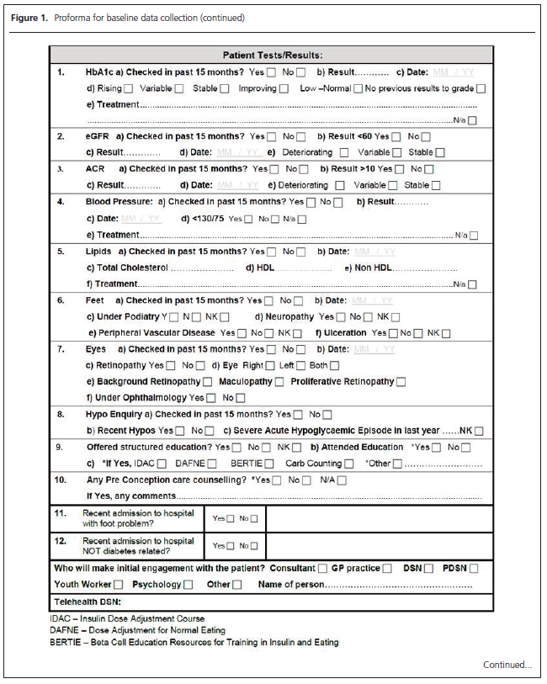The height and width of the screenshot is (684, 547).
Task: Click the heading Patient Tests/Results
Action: pos(272,55)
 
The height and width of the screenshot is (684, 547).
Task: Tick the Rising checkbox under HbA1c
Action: pos(128,88)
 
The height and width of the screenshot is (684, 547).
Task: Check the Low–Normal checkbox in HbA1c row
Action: pos(358,88)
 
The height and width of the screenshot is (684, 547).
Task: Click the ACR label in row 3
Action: pos(95,169)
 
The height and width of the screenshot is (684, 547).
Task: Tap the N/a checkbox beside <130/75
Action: pos(301,220)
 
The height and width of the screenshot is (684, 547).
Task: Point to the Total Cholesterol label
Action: pos(132,268)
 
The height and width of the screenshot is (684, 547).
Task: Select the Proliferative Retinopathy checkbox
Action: pos(401,382)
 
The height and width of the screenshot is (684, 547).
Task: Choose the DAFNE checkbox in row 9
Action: pos(212,464)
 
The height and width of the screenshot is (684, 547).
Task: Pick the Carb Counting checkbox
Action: pos(348,464)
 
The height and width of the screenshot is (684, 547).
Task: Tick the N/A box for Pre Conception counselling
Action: pos(341,480)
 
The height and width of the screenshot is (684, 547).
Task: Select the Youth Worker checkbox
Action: pos(118,585)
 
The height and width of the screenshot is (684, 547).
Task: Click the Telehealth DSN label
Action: pos(88,602)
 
